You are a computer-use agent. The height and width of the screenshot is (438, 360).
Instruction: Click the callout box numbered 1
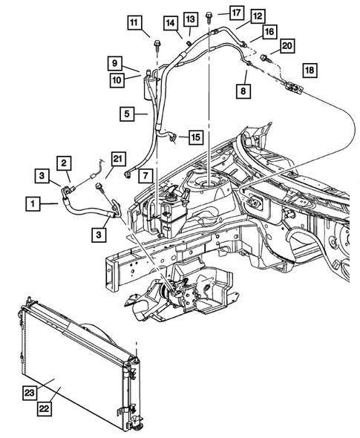33,201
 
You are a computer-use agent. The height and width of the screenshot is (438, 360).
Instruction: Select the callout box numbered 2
65,163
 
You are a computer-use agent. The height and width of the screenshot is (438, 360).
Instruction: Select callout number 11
134,22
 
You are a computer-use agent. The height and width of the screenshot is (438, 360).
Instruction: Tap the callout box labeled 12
237,16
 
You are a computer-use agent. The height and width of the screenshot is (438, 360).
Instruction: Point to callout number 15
195,137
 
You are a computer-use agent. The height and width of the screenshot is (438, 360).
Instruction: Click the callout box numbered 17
215,13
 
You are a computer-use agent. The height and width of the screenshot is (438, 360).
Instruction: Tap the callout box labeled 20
287,46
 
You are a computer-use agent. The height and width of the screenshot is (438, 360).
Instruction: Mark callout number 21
119,157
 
